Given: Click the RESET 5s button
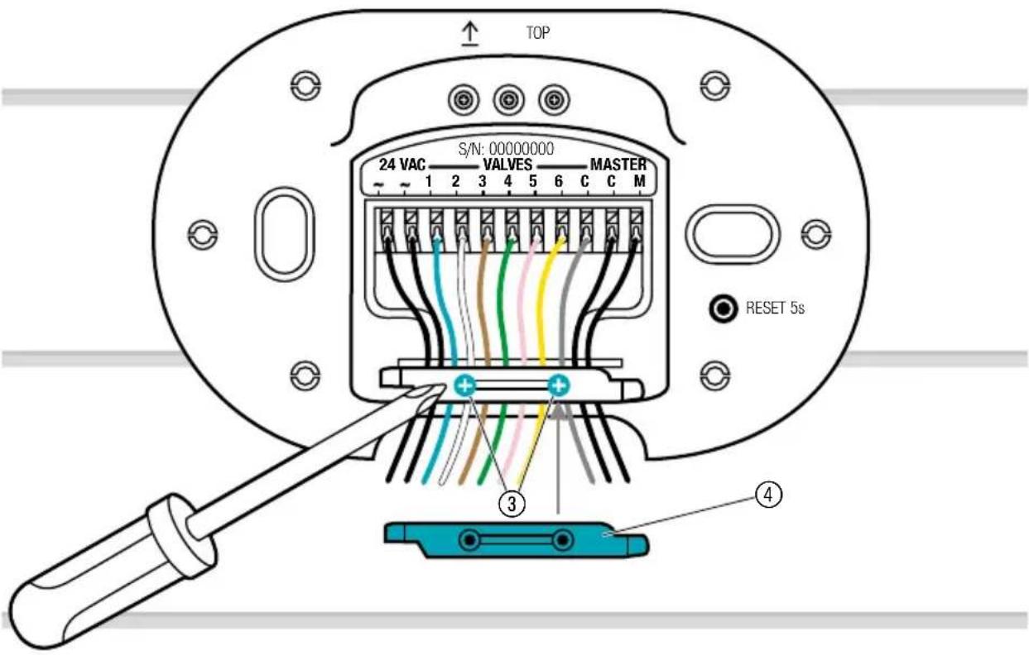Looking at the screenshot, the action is [x=723, y=308].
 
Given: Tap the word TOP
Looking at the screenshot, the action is [x=537, y=33].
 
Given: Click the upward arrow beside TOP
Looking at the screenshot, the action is [x=470, y=35].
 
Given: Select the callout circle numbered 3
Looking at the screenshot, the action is [x=512, y=504].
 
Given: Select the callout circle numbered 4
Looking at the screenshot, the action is [x=768, y=495].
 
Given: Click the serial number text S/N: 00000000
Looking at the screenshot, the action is [x=506, y=149].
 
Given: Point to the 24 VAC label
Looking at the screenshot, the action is [x=402, y=165].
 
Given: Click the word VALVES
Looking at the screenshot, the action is [x=507, y=165].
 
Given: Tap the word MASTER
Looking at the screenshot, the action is [x=618, y=165].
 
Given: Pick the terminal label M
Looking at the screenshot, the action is [x=639, y=181].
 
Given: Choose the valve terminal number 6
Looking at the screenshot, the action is [x=559, y=181].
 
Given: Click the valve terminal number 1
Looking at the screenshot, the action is [x=429, y=181].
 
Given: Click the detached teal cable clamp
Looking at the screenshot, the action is [x=517, y=540].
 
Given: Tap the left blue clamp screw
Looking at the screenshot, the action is [x=465, y=385].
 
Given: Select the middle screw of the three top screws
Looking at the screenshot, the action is [x=508, y=100].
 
